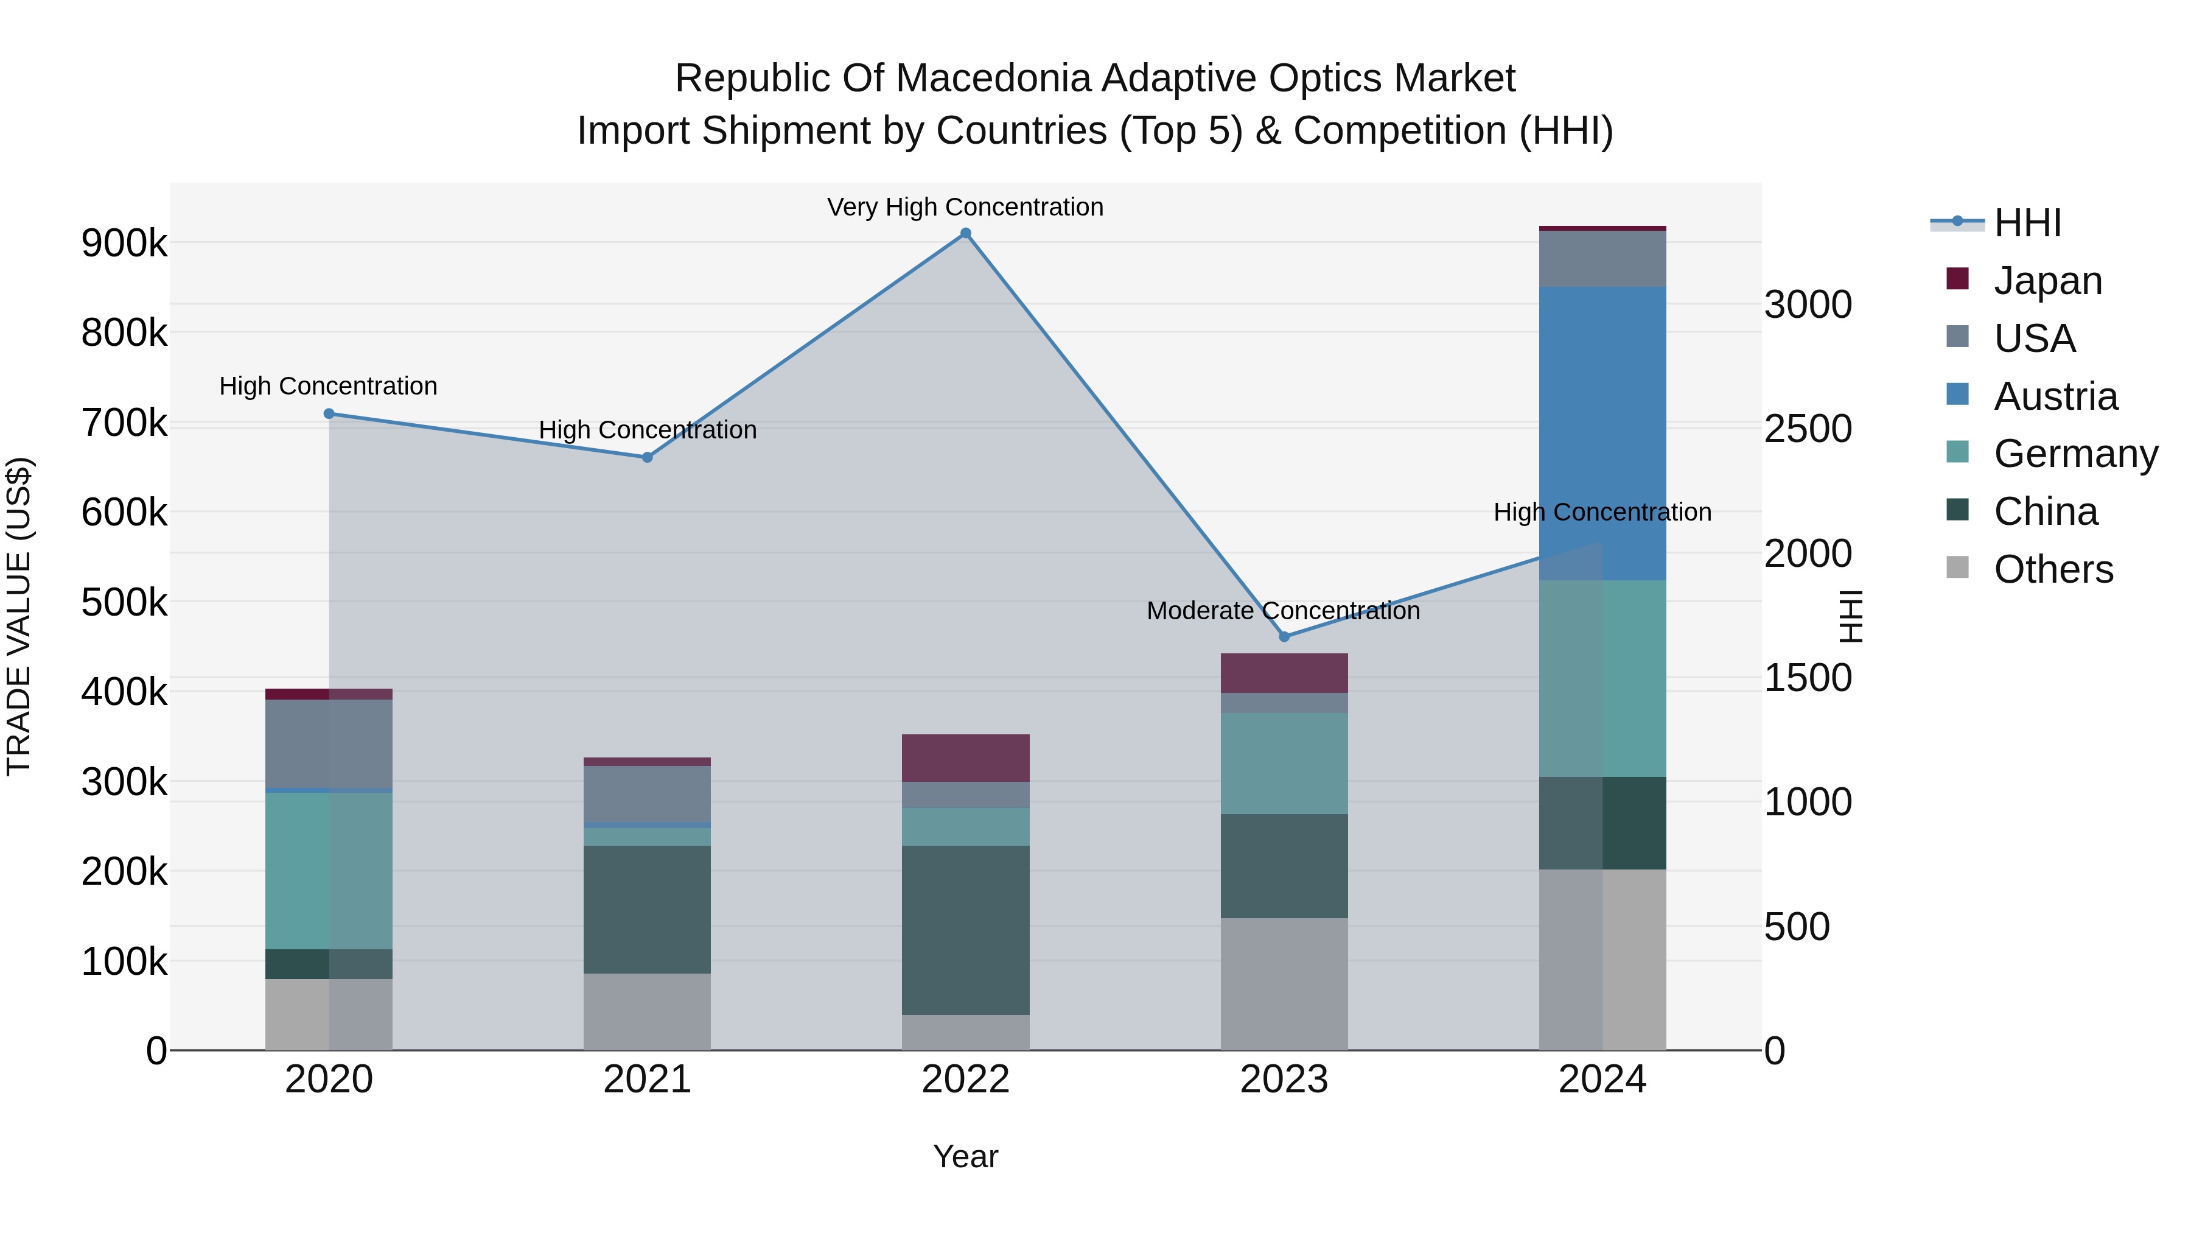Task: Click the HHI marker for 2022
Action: click(965, 233)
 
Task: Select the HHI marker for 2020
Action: click(329, 413)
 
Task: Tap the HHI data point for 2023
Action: click(1284, 636)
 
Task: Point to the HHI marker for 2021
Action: click(648, 457)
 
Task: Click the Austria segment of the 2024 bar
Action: click(1602, 434)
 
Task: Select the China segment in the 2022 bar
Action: click(965, 930)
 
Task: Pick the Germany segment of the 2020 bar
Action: click(329, 871)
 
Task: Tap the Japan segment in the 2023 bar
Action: click(1284, 673)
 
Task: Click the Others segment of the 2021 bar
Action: click(648, 1012)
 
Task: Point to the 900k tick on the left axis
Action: click(124, 244)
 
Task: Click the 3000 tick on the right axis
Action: click(1808, 304)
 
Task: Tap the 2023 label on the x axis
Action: click(1284, 1080)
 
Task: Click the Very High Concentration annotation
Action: click(965, 207)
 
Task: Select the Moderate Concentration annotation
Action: click(1284, 611)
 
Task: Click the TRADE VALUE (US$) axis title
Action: click(19, 616)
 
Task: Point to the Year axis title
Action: click(965, 1156)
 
